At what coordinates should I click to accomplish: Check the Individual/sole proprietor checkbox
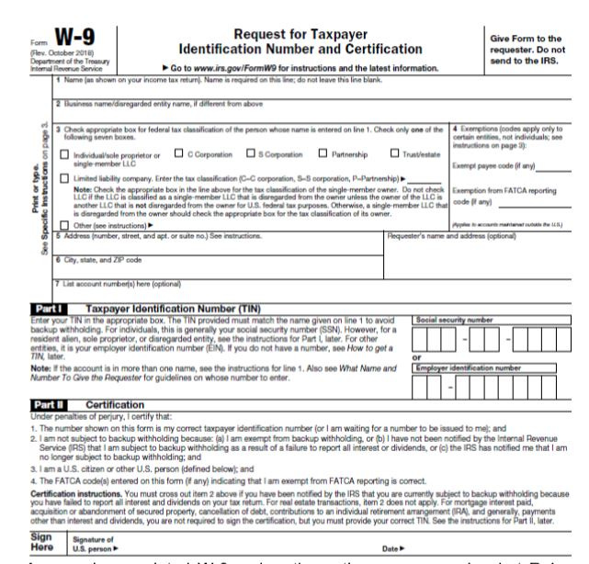65,152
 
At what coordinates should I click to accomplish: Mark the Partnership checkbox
323,152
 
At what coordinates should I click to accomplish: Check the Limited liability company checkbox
65,173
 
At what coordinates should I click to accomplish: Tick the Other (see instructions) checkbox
65,223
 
